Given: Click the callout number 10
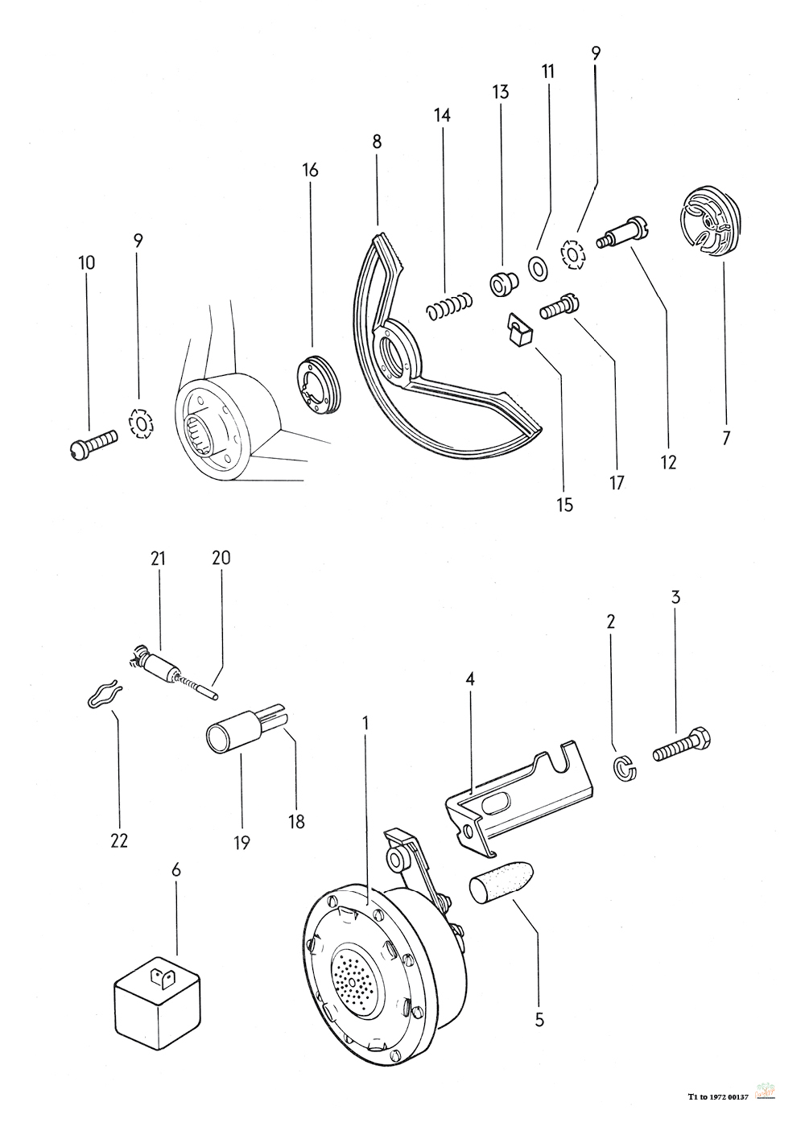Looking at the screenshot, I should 86,262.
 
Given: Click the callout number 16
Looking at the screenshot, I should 311,170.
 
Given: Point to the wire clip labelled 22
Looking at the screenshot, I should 103,693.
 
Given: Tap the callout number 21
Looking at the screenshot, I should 157,557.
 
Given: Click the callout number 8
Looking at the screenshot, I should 377,142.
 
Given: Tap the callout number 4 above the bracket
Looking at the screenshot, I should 470,679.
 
